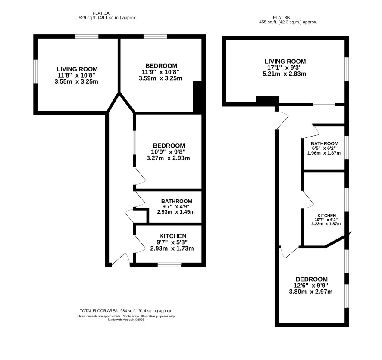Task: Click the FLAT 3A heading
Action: (x=101, y=13)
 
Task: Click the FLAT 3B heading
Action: (x=281, y=18)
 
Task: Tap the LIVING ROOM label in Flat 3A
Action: (x=77, y=69)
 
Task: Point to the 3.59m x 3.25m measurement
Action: (x=160, y=78)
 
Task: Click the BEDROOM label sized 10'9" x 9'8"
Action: (x=169, y=146)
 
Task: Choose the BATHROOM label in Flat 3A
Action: (x=177, y=201)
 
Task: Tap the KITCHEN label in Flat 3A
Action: (x=173, y=236)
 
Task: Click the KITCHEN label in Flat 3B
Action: (x=326, y=215)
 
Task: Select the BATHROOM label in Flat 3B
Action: (x=325, y=143)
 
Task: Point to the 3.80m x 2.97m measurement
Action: (x=310, y=292)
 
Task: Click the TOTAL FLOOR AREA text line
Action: (x=126, y=311)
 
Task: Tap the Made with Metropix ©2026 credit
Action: (x=126, y=320)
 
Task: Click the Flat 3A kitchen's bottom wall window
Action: (x=169, y=265)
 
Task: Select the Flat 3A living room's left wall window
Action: (x=35, y=71)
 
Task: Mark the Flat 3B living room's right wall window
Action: (x=347, y=69)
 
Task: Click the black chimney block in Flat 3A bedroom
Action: (x=197, y=97)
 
